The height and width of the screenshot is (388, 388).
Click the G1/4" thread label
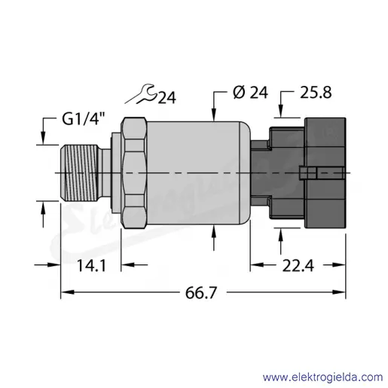click(82, 120)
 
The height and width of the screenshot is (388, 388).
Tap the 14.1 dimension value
click(91, 266)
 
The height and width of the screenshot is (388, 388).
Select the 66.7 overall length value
click(201, 292)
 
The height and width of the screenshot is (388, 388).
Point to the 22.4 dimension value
click(298, 266)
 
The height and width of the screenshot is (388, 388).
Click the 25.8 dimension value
click(316, 92)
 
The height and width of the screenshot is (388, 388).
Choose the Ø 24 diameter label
click(250, 92)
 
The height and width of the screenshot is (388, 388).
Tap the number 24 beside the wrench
click(167, 98)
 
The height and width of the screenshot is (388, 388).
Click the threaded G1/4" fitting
click(78, 173)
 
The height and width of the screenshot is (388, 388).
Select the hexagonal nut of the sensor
click(134, 173)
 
